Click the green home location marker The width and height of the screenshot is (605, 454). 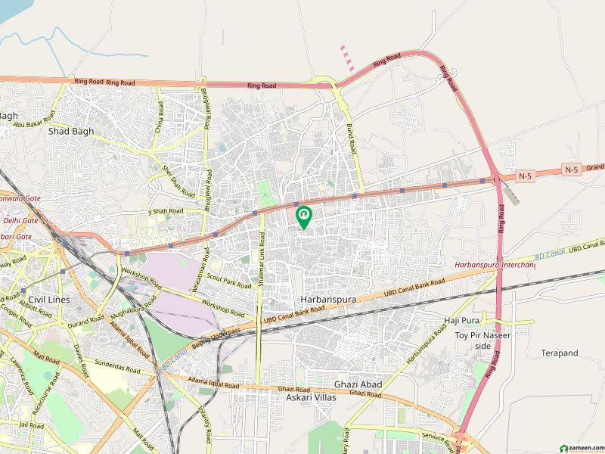click(x=304, y=217)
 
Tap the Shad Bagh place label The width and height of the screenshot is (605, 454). click(x=71, y=131)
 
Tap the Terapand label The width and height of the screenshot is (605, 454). click(x=560, y=353)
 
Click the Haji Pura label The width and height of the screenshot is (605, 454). click(x=462, y=321)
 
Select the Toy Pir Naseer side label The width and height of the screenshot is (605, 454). click(x=483, y=340)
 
